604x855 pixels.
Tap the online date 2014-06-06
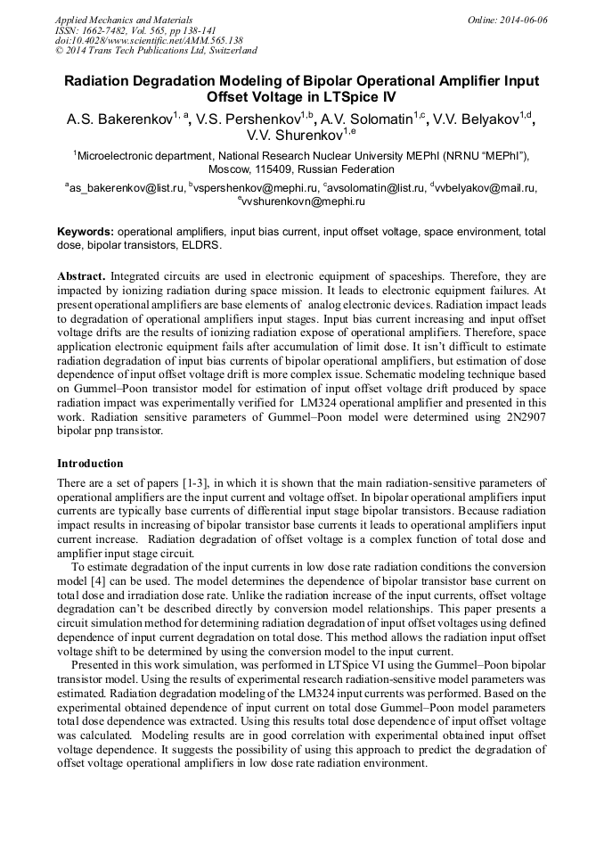(519, 20)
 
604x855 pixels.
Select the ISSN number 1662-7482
(111, 30)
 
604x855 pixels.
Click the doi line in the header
(149, 41)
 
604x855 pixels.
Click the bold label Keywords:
(86, 231)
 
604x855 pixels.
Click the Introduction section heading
(90, 464)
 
